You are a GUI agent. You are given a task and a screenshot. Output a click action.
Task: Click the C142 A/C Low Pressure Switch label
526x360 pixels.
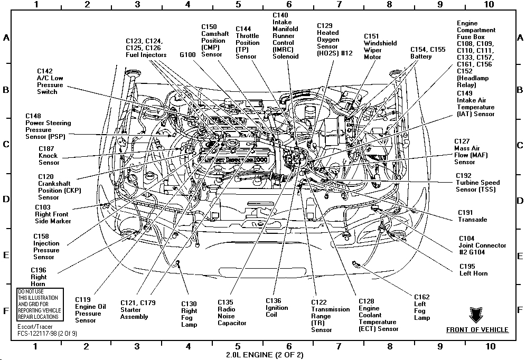pos(50,81)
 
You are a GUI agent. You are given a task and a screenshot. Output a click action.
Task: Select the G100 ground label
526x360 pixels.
pos(187,54)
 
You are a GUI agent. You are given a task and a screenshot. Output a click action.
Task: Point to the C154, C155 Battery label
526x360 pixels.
pos(428,53)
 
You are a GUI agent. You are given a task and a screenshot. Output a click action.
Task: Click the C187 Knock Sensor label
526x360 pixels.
pos(49,156)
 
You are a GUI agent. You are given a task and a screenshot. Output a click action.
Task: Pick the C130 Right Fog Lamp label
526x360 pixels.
pos(189,314)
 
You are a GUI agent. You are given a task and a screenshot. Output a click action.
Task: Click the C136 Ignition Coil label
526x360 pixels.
pos(277,308)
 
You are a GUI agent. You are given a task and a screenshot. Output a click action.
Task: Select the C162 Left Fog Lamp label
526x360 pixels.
pos(422,307)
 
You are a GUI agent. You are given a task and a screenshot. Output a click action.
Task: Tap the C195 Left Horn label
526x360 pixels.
pos(473,270)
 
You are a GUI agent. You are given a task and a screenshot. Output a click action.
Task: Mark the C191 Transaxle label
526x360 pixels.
pos(473,216)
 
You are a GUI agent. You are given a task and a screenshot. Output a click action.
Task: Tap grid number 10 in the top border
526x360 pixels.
pos(490,4)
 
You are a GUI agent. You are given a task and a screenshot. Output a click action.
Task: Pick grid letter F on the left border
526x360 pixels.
pos(6,311)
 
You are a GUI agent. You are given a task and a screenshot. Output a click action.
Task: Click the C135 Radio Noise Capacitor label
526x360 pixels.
pos(232,312)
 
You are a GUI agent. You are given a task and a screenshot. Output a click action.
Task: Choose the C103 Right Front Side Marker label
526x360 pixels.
pos(53,214)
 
